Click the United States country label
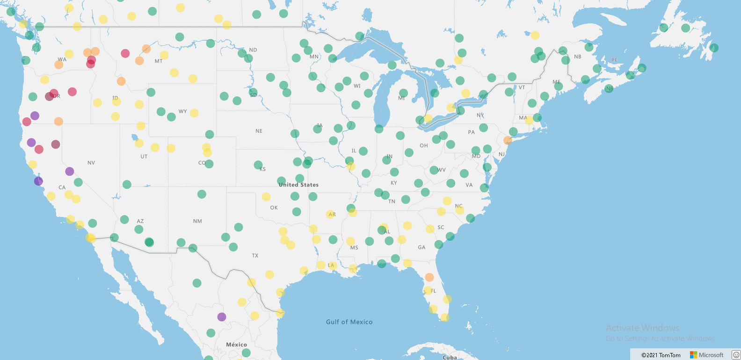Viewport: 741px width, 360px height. point(298,185)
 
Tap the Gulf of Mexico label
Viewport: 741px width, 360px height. point(349,322)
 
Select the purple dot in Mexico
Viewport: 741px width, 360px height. point(222,317)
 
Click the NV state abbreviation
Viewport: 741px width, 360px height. point(91,163)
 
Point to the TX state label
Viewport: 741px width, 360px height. point(255,256)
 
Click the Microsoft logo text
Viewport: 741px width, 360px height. point(711,355)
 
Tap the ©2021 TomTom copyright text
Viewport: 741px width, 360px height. point(661,355)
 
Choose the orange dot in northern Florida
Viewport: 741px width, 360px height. point(429,277)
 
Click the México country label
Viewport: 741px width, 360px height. point(236,345)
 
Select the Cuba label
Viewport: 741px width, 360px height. point(450,357)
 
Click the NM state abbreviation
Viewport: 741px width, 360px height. point(197,221)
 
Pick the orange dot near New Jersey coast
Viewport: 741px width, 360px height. point(508,140)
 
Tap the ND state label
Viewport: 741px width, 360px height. point(253,50)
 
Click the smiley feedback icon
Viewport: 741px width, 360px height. point(736,355)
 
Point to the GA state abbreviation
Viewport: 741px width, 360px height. point(421,247)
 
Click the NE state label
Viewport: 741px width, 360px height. point(259,131)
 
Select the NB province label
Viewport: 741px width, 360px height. point(578,57)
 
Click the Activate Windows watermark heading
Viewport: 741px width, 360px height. point(642,328)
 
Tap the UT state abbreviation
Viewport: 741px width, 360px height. point(144,157)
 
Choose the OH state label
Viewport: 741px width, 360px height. point(424,145)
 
